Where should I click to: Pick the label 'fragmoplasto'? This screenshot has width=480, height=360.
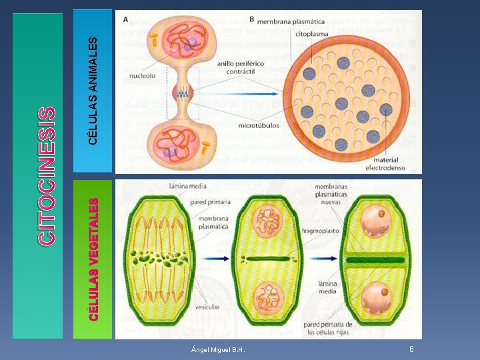coord(321,232)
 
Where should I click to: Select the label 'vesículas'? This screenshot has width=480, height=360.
coord(209,307)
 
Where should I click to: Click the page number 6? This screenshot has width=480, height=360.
coord(411,349)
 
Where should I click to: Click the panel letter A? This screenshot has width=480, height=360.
coord(125,19)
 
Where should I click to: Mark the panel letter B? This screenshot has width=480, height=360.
coord(251,19)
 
